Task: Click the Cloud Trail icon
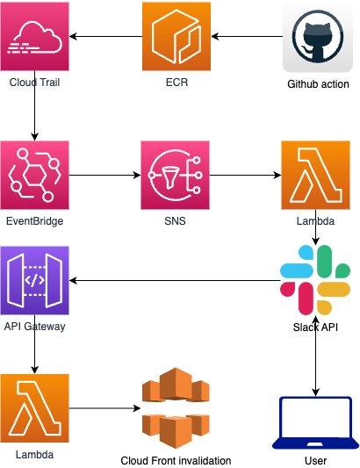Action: [x=34, y=36]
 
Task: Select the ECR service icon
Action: [x=176, y=36]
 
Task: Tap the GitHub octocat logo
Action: [x=318, y=37]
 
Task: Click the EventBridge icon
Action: [x=34, y=176]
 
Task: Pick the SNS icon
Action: [x=176, y=176]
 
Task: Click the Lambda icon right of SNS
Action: [x=315, y=176]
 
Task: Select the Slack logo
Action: [x=315, y=280]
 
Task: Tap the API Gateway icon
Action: [x=34, y=281]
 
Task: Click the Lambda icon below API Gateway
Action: [x=34, y=408]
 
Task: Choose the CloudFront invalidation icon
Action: [x=176, y=408]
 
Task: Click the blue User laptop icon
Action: [x=315, y=422]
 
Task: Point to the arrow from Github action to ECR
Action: [x=247, y=36]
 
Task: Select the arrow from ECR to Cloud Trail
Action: [x=105, y=36]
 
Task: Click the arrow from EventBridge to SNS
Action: [x=105, y=176]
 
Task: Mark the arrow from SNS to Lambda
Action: [x=245, y=176]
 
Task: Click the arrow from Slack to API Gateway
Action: [x=175, y=281]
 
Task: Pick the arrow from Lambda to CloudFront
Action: [x=105, y=408]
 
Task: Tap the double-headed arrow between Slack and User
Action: [x=315, y=356]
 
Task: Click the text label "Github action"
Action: [x=318, y=84]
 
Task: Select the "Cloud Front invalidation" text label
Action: [x=176, y=461]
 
